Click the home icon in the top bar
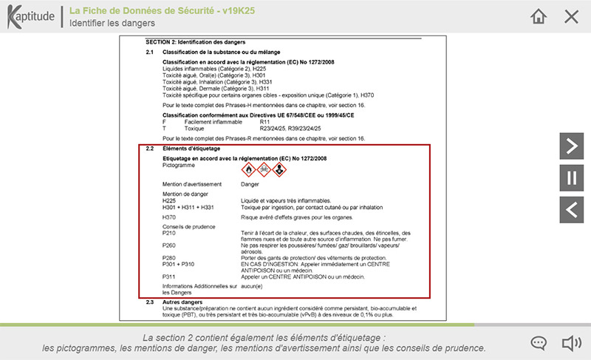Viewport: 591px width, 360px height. click(539, 16)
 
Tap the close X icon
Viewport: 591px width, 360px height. click(571, 16)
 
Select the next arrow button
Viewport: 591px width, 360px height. click(570, 146)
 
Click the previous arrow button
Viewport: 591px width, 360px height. click(570, 210)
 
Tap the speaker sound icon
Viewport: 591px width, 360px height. click(570, 343)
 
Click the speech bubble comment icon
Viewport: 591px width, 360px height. click(539, 343)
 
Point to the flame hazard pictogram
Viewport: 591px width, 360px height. click(248, 169)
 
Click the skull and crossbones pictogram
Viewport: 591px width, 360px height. click(263, 169)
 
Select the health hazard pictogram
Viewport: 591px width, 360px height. click(278, 169)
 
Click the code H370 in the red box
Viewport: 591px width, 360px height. click(169, 217)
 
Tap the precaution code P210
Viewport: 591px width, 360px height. click(169, 233)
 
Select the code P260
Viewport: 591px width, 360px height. click(169, 245)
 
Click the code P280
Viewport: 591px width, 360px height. click(169, 257)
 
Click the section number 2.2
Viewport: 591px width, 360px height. click(149, 149)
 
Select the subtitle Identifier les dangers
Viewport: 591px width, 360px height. click(112, 23)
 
